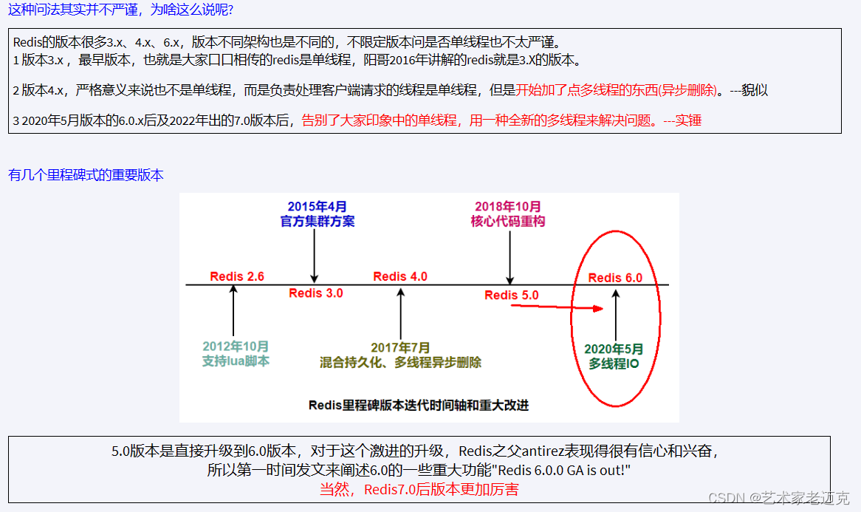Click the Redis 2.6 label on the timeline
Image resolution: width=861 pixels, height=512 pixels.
click(237, 276)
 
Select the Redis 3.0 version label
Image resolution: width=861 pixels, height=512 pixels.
click(316, 293)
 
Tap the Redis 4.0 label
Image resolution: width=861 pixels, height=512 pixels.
click(400, 276)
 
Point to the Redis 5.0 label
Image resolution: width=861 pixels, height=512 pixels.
click(512, 295)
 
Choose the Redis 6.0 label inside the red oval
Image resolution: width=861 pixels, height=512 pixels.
click(615, 278)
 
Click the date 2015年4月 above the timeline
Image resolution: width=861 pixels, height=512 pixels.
click(318, 207)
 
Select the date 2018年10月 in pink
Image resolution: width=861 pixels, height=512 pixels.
click(508, 207)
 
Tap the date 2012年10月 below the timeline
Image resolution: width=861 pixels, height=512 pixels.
click(236, 347)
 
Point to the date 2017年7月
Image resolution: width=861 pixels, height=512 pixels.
click(401, 347)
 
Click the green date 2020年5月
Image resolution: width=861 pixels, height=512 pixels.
click(614, 349)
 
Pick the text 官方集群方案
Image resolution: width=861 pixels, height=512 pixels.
click(318, 221)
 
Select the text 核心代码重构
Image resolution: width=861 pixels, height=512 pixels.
click(508, 221)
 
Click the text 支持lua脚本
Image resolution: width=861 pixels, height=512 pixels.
click(236, 361)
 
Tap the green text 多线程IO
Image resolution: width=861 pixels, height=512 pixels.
click(614, 363)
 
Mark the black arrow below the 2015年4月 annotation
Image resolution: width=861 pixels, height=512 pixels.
click(315, 255)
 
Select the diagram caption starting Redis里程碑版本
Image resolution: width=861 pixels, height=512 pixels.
click(419, 405)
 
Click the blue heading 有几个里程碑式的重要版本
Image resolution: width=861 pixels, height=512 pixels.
click(86, 175)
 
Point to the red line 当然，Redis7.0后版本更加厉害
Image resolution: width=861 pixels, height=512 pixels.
click(419, 489)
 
